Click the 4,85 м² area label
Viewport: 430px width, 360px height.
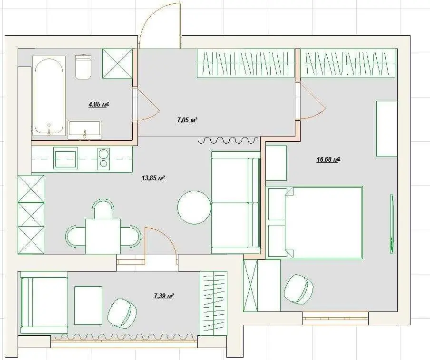coord(99,105)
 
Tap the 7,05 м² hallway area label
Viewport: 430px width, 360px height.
coord(187,120)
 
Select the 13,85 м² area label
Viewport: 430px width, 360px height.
coord(153,178)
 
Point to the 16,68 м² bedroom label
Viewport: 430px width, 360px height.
coord(329,160)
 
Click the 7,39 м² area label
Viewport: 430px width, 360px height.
coord(164,296)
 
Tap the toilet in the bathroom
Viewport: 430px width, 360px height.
coord(83,67)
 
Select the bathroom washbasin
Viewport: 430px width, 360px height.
coord(85,129)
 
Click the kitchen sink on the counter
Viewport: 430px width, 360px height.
coord(66,157)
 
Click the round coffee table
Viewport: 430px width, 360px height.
coord(195,207)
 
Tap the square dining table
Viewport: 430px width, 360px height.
coord(103,236)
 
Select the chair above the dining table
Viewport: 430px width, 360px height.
coord(103,209)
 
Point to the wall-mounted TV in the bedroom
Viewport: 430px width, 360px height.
coord(392,224)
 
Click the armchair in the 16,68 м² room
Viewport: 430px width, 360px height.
coord(299,289)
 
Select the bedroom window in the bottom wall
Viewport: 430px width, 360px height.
coord(335,318)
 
